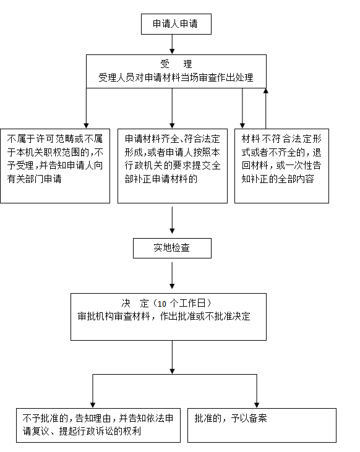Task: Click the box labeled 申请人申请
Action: coord(176,24)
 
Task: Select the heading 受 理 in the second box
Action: coord(176,64)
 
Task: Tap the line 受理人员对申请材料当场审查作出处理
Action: coord(176,77)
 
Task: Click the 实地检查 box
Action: coord(172,248)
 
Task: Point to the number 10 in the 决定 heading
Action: coord(162,304)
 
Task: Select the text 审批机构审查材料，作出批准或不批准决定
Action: coord(164,317)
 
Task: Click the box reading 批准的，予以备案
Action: coord(262,425)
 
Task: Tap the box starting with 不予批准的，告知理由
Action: coord(98,425)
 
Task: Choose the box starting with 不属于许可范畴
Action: coord(55,166)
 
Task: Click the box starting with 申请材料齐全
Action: coord(173,166)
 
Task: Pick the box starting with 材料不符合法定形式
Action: coord(282,166)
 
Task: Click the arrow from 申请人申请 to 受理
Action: coord(172,45)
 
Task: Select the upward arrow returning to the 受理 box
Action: coord(266,108)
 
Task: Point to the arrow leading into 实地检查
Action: coord(172,220)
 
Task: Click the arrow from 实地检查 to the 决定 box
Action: coord(172,276)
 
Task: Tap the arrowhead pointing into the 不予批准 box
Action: coord(93,405)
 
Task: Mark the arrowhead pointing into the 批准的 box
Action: coord(257,405)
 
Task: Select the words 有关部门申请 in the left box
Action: coord(34,179)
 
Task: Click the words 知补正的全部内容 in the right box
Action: coord(278,179)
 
